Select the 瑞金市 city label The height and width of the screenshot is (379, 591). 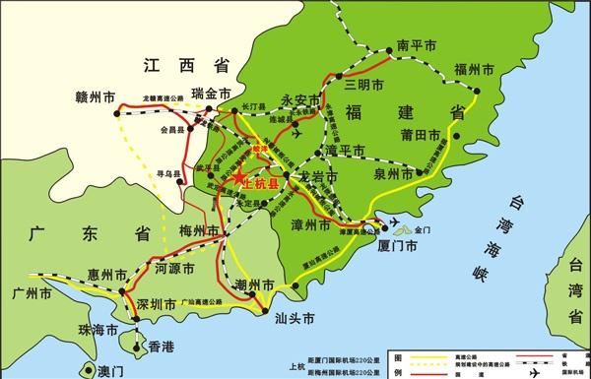(x=216, y=94)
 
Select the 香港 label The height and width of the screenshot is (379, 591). (x=161, y=347)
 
